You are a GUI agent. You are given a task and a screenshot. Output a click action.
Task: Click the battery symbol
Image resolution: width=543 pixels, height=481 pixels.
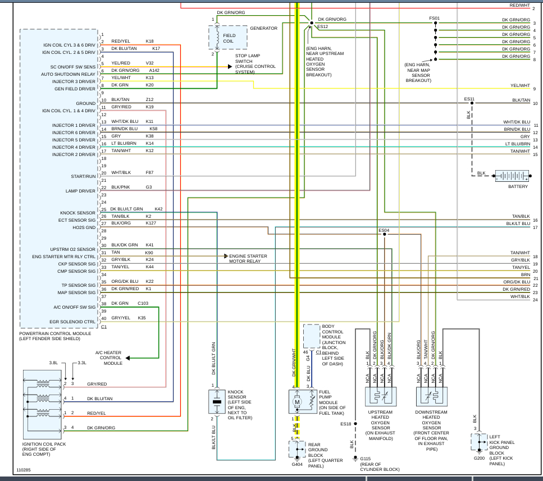pos(512,176)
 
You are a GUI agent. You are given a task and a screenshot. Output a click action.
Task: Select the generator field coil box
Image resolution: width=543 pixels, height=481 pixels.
pos(228,37)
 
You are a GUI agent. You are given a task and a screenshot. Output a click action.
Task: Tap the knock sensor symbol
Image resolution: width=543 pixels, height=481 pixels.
pos(217,401)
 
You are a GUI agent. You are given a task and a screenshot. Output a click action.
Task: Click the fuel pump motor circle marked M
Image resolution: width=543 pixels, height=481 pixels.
pos(297,402)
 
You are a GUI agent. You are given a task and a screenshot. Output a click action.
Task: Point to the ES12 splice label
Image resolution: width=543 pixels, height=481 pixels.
pos(323,26)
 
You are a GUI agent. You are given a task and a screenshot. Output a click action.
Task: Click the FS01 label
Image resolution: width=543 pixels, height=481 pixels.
pos(434,19)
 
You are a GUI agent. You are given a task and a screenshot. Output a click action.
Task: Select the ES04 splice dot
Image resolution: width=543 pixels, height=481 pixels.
pos(385,234)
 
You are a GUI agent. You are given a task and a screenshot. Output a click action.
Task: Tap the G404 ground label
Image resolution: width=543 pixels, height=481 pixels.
pos(297,464)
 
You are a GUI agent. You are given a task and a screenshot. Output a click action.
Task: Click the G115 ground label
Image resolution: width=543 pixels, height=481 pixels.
pos(366,459)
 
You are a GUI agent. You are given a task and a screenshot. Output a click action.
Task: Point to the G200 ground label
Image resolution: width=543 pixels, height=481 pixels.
pos(480,458)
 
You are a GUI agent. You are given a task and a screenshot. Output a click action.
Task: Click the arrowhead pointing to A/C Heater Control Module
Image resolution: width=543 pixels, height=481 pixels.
pos(127,358)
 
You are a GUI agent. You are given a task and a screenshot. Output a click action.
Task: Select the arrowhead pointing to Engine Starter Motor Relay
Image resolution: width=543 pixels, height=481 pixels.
pos(226,256)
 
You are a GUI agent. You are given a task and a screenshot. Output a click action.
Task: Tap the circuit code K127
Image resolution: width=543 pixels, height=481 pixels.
pos(151,223)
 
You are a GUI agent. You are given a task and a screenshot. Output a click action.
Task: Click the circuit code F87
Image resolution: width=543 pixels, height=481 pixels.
pos(149,172)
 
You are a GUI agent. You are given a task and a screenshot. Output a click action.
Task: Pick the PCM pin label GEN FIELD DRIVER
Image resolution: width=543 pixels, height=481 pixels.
pos(75,89)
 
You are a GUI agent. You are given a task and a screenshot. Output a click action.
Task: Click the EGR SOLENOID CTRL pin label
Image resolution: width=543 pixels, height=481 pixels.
pos(72,322)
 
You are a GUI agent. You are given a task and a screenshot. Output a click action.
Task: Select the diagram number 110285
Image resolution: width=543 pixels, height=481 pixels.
pos(24,470)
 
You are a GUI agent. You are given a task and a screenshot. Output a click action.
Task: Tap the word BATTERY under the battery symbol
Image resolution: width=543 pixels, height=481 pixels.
pos(518,186)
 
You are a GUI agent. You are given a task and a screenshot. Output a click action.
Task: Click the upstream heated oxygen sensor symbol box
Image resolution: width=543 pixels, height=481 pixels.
pos(381,397)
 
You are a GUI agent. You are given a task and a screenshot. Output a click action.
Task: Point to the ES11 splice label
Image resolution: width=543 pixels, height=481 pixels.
pos(469,99)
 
